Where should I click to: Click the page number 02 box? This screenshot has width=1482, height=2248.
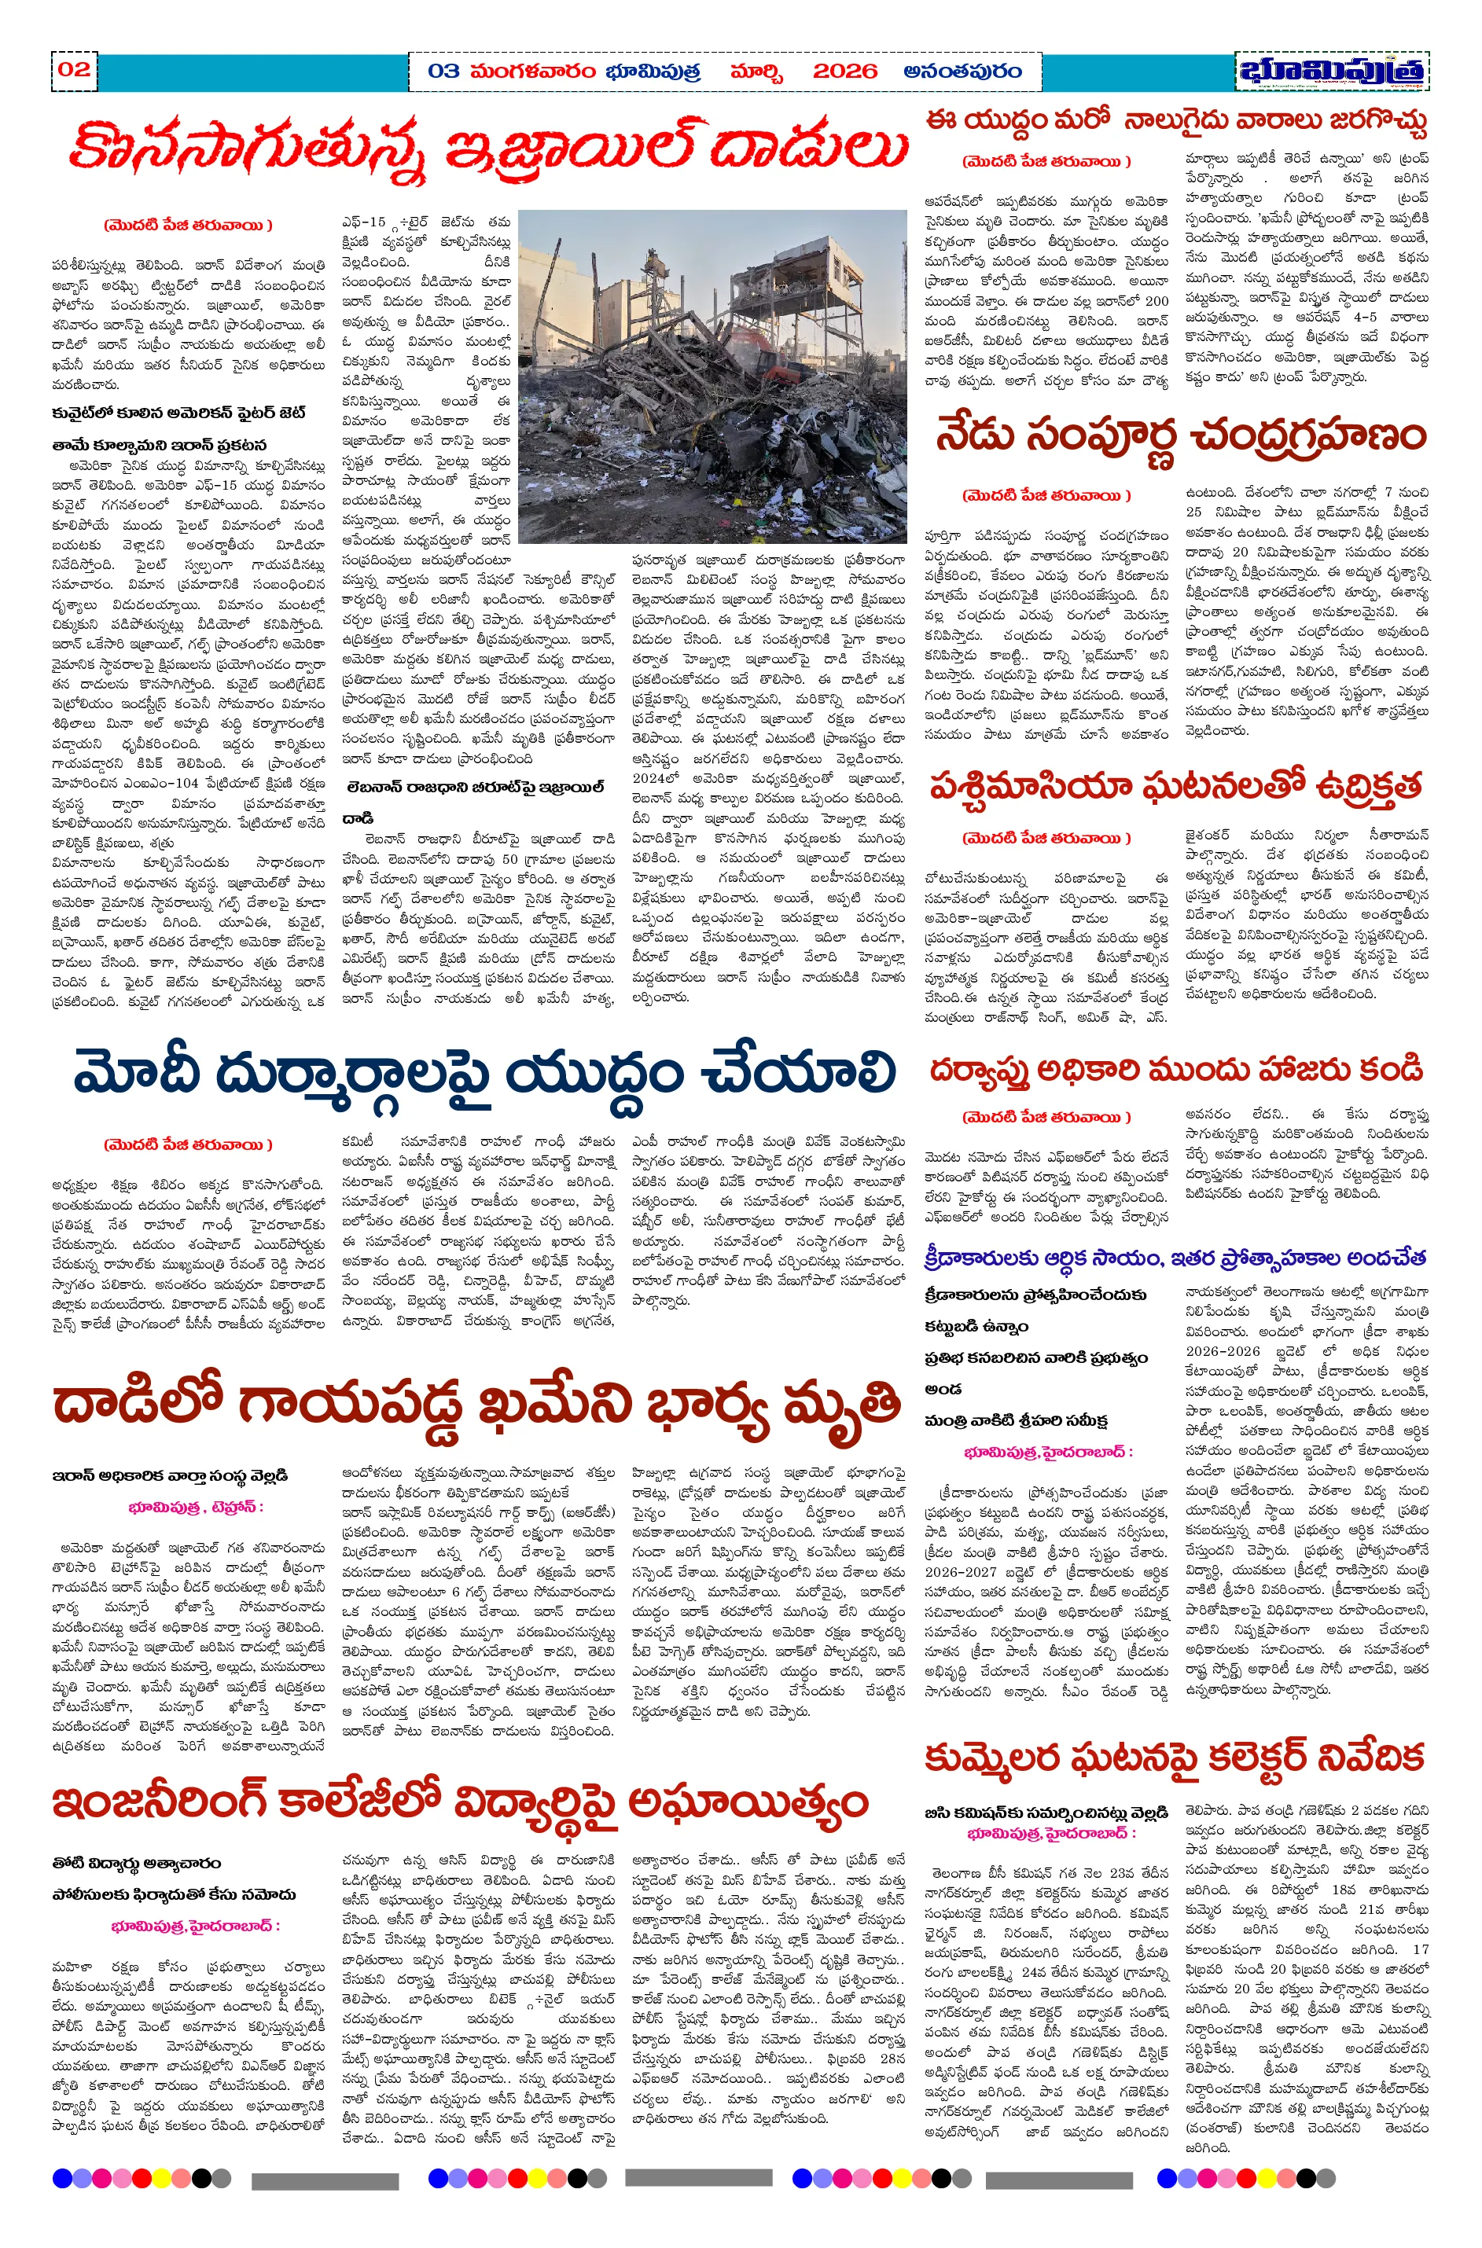74,70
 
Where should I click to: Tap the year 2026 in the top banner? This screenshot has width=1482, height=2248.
844,72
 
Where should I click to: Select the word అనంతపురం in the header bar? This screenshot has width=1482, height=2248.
962,72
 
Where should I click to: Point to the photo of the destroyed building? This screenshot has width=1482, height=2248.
712,375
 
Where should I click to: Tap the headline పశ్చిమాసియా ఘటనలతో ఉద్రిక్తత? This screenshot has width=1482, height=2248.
1175,785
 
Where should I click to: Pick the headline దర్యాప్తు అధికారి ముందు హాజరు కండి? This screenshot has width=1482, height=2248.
1175,1069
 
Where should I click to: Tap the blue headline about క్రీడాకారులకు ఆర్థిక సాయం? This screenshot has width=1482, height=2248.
1175,1258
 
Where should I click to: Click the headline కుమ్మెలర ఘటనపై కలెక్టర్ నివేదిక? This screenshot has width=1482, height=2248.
1174,1758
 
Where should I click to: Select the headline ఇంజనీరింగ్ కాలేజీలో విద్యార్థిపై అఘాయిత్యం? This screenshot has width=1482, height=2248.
460,1802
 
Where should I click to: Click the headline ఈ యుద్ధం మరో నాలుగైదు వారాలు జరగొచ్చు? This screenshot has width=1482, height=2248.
1175,121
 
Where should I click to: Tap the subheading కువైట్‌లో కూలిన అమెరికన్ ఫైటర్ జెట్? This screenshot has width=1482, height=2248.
178,413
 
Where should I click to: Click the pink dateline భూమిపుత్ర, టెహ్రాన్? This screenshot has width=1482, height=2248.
196,1506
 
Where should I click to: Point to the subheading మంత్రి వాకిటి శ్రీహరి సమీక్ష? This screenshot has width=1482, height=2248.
1016,1420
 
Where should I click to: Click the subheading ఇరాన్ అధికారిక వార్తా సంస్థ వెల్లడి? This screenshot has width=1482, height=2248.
170,1475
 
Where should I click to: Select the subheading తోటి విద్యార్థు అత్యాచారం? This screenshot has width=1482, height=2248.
137,1864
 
